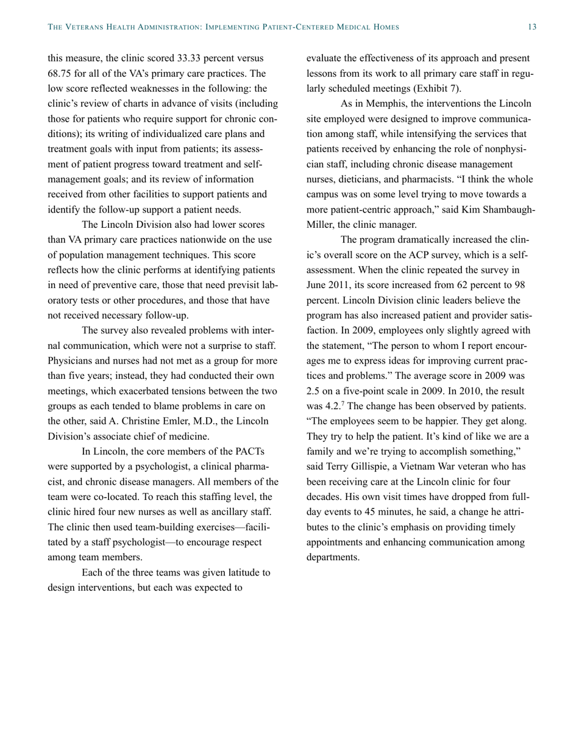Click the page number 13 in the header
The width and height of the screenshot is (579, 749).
[531, 27]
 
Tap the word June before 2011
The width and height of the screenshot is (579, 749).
[318, 285]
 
